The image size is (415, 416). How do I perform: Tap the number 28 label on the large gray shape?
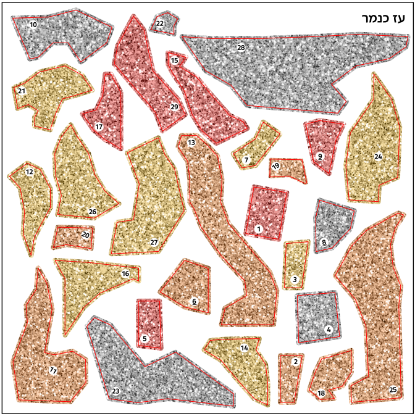coord(241,48)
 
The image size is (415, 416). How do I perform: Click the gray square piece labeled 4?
coord(318,316)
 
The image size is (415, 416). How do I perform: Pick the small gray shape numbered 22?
coord(164,23)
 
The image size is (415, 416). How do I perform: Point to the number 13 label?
coord(191,143)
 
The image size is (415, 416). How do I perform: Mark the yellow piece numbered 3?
coord(296,264)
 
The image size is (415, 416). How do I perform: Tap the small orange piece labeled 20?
coord(73,236)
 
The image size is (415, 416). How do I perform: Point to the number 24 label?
coord(378,157)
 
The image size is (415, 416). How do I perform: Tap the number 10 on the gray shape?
coord(33,25)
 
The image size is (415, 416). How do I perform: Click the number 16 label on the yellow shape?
coord(125,273)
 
